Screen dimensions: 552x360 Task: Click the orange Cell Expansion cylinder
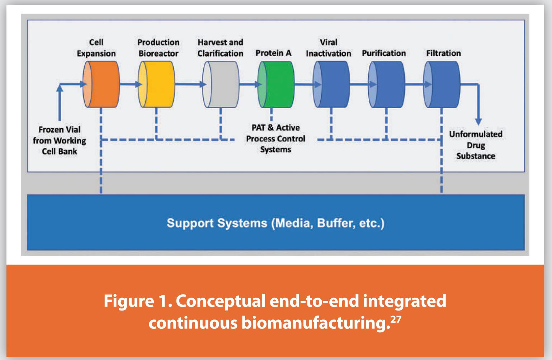[101, 84]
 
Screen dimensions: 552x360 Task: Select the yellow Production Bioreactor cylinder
[156, 84]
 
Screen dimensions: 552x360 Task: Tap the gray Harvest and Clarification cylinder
[221, 84]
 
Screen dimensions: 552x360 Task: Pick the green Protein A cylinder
[276, 84]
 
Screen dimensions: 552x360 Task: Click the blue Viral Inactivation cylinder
[331, 84]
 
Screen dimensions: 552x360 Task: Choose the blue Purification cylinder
[386, 84]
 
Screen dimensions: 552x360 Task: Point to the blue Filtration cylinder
[442, 84]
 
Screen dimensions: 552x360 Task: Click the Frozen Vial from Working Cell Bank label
[60, 141]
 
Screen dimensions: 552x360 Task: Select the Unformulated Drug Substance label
[476, 145]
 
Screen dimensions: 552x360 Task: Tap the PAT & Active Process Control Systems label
[276, 139]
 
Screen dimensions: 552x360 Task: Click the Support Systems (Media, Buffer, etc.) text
[275, 223]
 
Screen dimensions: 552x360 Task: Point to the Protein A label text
[274, 53]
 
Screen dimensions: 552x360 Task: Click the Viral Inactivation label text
[329, 48]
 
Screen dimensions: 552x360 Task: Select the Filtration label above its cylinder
[444, 53]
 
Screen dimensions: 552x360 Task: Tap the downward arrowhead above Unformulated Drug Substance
[478, 122]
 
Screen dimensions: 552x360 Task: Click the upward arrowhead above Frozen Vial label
[60, 88]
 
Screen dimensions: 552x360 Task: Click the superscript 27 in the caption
[396, 319]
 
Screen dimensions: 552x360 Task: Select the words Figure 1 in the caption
[137, 301]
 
